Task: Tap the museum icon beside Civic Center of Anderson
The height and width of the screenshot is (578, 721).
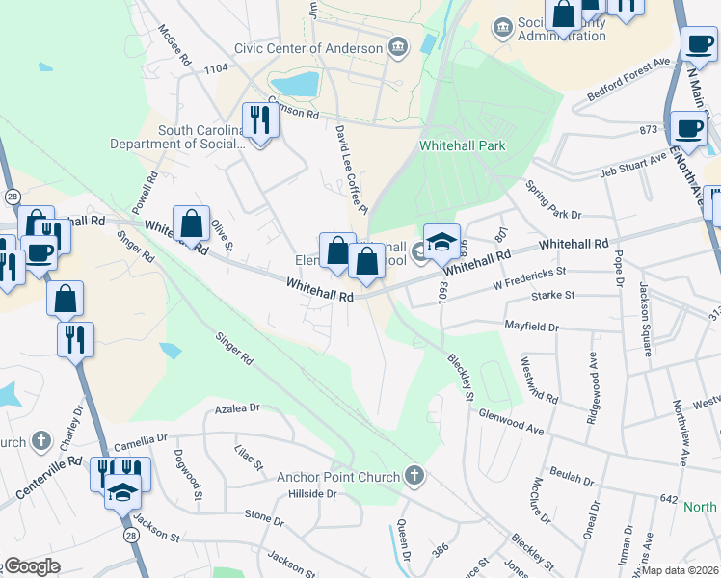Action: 398,47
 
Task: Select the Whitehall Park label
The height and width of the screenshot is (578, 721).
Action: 463,146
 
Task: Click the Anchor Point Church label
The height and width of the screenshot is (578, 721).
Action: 337,476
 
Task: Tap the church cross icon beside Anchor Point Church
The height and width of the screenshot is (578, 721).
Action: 414,475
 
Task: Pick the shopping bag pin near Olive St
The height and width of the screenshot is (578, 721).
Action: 192,223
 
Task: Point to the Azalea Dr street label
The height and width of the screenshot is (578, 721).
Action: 237,408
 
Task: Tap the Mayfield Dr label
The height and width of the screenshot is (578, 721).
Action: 532,328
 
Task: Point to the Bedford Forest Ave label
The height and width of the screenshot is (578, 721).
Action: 628,80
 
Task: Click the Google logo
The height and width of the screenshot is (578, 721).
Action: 31,566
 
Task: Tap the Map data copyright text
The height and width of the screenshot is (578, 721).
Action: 680,570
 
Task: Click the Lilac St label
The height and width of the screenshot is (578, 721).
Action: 250,458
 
